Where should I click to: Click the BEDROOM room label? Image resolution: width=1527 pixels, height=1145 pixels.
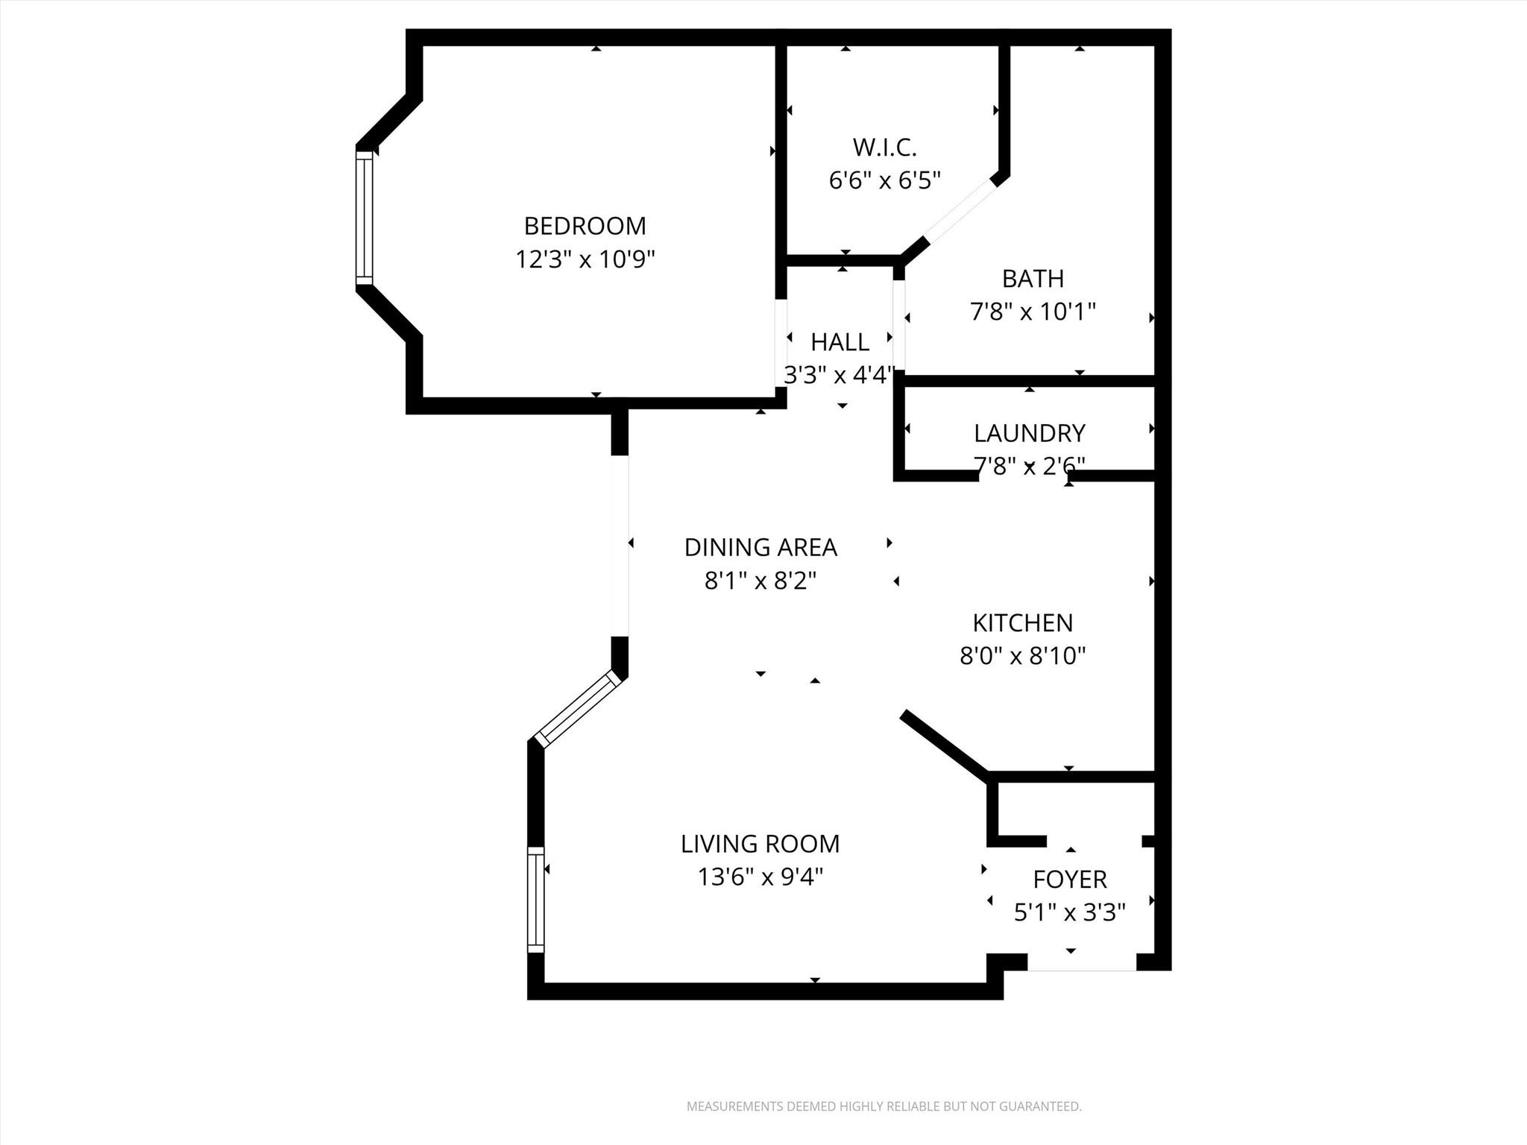click(x=585, y=225)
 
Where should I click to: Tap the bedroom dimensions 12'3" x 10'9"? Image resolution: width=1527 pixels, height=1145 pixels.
click(x=585, y=259)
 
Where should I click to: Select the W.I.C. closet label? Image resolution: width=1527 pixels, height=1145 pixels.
click(x=884, y=147)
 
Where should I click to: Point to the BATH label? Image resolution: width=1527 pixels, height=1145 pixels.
click(x=1033, y=278)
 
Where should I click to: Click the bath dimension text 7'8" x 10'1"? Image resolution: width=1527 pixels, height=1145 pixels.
click(x=1033, y=311)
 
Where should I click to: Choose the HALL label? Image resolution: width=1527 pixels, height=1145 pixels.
click(x=840, y=342)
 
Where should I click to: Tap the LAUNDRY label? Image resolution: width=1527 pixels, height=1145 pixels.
click(x=1029, y=432)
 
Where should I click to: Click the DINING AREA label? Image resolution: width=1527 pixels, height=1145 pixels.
click(x=761, y=547)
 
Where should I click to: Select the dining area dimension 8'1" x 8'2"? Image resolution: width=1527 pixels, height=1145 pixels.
click(x=761, y=580)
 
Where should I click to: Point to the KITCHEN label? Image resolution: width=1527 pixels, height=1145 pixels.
click(x=1022, y=622)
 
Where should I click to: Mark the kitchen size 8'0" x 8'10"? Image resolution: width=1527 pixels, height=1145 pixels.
click(x=1022, y=655)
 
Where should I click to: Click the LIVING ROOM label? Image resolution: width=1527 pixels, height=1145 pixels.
click(x=760, y=844)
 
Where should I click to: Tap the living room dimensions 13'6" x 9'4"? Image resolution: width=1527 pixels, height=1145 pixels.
click(x=760, y=877)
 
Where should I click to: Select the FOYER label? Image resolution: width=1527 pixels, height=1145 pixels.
click(x=1069, y=880)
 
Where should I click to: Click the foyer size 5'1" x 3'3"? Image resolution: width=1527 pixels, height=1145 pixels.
click(x=1069, y=912)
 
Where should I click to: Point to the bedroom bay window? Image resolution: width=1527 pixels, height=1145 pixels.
click(x=364, y=218)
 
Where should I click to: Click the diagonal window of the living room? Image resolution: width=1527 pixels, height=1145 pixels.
click(x=579, y=708)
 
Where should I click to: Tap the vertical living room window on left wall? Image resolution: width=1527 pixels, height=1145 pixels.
click(x=535, y=900)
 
